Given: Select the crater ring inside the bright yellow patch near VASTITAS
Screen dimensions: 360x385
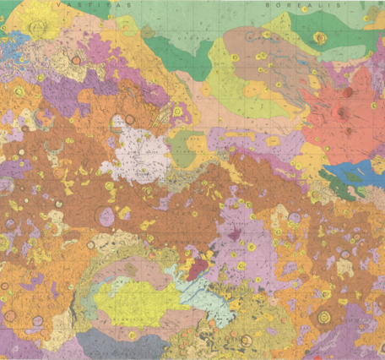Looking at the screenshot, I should (36, 26).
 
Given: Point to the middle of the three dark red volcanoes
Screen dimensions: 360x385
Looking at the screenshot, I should (344, 110).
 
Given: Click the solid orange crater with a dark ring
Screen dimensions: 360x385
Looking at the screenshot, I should (77, 60).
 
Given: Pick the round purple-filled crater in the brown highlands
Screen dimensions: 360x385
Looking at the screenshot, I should (106, 216).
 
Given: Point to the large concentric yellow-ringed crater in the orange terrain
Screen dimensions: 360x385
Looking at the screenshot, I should (323, 318).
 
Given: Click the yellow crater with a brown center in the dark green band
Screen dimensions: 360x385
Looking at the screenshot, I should (319, 38).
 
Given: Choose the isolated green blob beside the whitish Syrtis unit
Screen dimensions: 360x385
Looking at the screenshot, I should (183, 149).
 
